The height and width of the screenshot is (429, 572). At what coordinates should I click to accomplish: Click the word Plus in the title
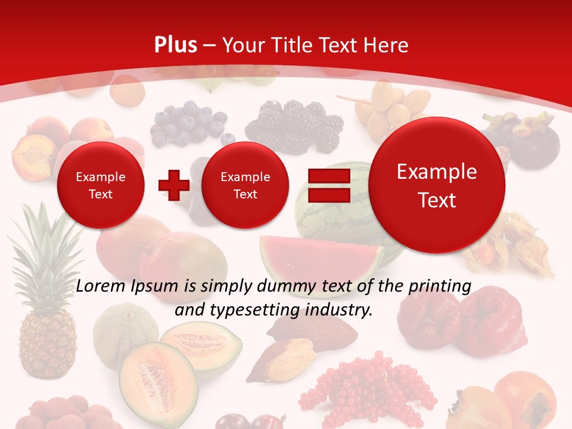tap(175, 45)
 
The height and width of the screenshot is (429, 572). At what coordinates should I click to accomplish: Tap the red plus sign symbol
tap(173, 185)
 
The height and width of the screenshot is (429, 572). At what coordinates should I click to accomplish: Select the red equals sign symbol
tap(329, 185)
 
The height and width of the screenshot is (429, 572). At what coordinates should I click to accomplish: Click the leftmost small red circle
tap(100, 185)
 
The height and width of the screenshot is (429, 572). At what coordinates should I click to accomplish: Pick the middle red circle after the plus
tap(245, 185)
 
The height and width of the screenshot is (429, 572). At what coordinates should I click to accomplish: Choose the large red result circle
tap(436, 185)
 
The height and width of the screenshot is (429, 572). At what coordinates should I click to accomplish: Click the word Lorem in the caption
tap(100, 286)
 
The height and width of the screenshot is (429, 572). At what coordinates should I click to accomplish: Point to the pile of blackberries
tap(295, 125)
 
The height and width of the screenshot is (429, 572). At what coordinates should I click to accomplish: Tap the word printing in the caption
tap(440, 286)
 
